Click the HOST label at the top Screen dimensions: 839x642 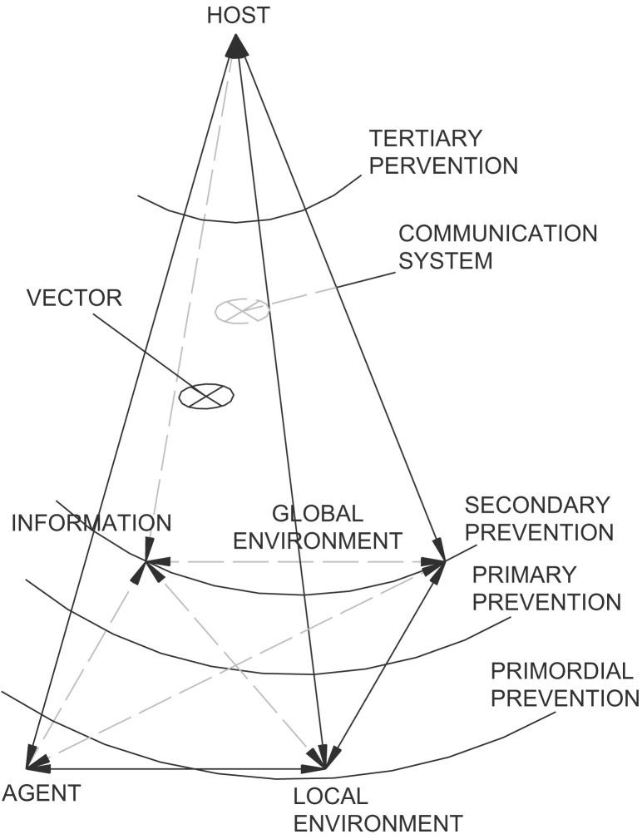coord(238,15)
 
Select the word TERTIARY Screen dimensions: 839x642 coord(426,137)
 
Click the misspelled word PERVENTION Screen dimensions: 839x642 coord(443,165)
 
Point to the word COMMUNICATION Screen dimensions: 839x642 coord(497,233)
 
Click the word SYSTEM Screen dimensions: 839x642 coord(446,260)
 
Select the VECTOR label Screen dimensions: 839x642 coord(73,299)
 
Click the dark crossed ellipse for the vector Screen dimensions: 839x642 coord(206,396)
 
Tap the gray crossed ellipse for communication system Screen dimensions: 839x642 coord(242,310)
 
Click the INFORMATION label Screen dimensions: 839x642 coord(91,523)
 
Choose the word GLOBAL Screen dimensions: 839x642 coord(317,513)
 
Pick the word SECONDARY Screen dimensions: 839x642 coord(537,505)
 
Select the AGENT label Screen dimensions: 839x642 coord(42,793)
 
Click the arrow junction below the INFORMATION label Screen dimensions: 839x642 coord(147,563)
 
